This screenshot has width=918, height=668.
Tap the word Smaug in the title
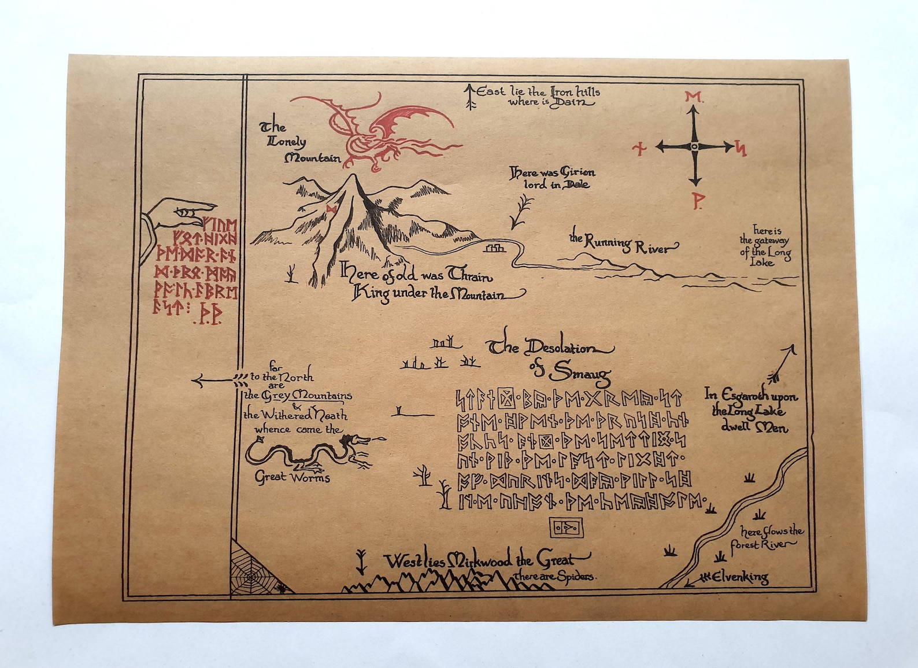pyautogui.click(x=580, y=373)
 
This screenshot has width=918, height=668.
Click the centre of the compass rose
pyautogui.click(x=695, y=147)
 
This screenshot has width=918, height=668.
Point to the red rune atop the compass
pyautogui.click(x=693, y=97)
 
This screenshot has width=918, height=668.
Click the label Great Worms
pyautogui.click(x=293, y=478)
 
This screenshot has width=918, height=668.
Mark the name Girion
pyautogui.click(x=577, y=172)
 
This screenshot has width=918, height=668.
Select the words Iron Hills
pyautogui.click(x=575, y=92)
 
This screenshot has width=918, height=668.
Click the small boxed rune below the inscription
pyautogui.click(x=565, y=528)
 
